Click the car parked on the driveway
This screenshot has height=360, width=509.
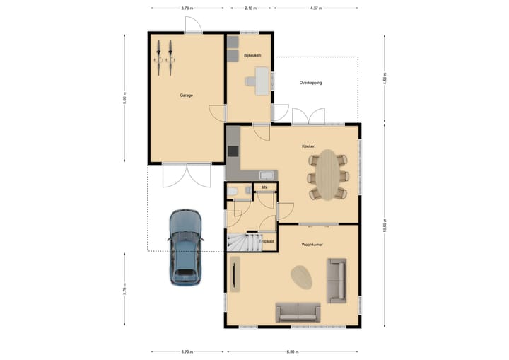pyautogui.click(x=186, y=247)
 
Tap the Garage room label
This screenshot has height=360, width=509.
pyautogui.click(x=186, y=95)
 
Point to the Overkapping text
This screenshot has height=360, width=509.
pyautogui.click(x=310, y=83)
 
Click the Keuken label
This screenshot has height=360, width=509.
pyautogui.click(x=308, y=146)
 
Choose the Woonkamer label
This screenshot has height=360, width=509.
pyautogui.click(x=312, y=244)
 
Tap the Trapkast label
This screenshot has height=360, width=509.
pyautogui.click(x=267, y=241)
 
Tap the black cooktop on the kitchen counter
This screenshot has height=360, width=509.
pyautogui.click(x=233, y=151)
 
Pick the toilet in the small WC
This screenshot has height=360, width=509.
pyautogui.click(x=233, y=190)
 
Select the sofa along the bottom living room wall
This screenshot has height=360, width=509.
pyautogui.click(x=298, y=311)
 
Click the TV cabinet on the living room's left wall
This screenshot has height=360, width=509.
pyautogui.click(x=234, y=275)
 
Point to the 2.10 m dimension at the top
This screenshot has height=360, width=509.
pyautogui.click(x=250, y=8)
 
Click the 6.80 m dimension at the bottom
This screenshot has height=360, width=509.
pyautogui.click(x=293, y=352)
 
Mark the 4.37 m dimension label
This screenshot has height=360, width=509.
pyautogui.click(x=316, y=8)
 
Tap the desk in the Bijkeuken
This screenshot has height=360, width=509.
pyautogui.click(x=262, y=81)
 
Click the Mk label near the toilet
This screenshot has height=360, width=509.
pyautogui.click(x=264, y=187)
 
